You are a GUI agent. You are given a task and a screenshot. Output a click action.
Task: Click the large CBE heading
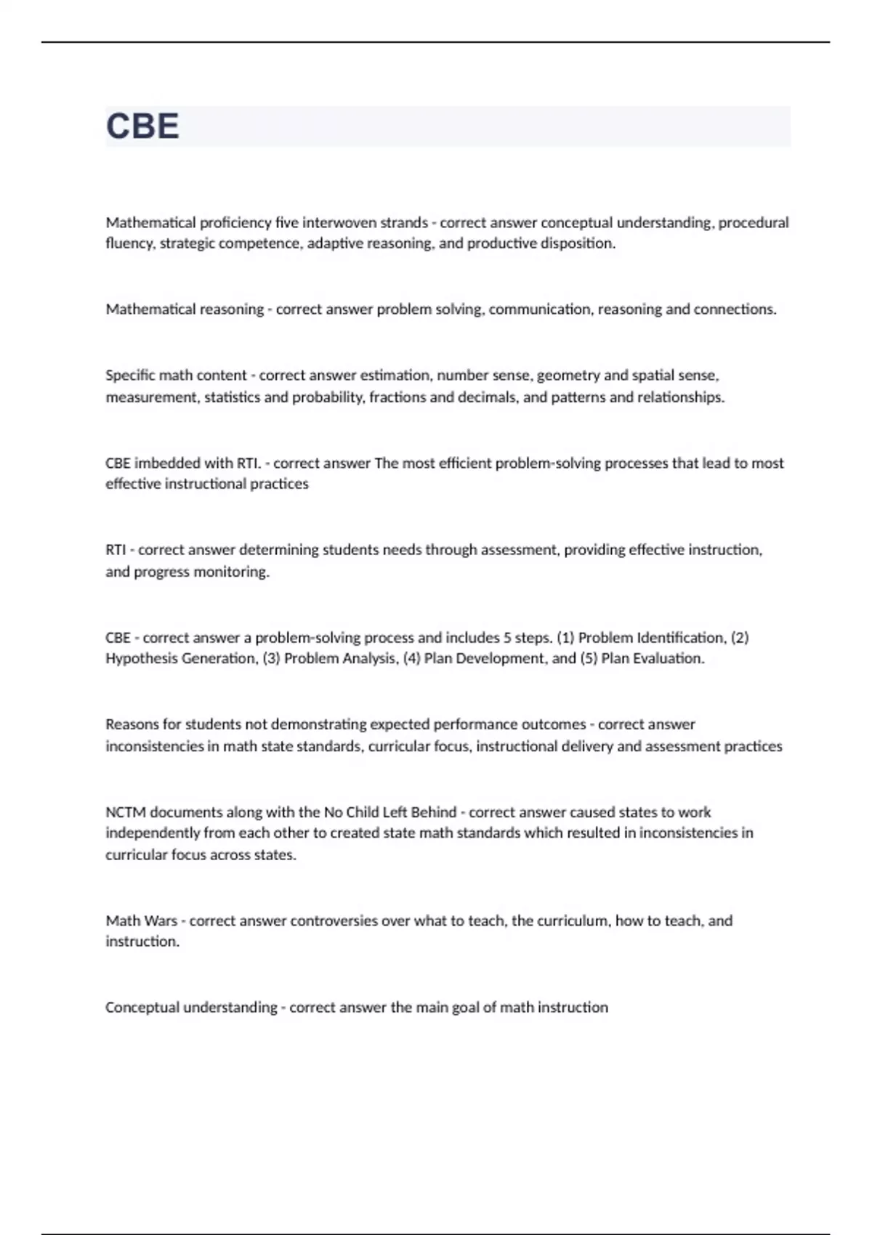(x=142, y=126)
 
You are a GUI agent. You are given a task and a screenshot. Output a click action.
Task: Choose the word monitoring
(x=233, y=572)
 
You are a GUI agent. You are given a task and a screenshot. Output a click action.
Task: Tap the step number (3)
(x=271, y=659)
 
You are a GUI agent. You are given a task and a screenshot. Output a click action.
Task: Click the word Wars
(x=161, y=921)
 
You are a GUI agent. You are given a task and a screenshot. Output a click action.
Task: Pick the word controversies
(x=334, y=921)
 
